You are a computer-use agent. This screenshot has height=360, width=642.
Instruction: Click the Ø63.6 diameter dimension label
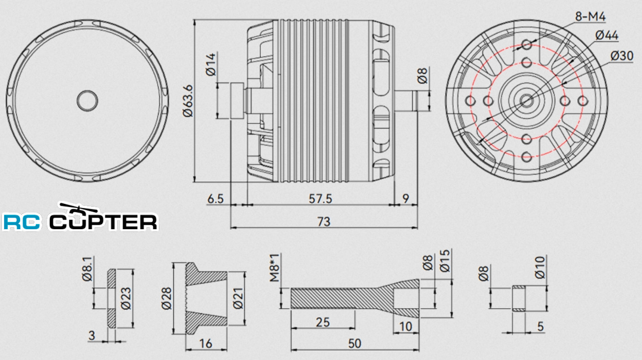(187, 101)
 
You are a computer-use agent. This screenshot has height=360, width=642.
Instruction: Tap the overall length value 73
(323, 221)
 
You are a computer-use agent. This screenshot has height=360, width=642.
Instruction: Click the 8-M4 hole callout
(590, 17)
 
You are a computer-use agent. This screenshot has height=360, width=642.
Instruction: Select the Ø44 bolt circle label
(606, 35)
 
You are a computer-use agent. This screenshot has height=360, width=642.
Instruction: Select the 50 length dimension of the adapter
(355, 343)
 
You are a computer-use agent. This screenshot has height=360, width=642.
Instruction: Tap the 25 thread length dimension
(323, 322)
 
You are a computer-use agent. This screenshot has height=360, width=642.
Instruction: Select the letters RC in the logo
(23, 222)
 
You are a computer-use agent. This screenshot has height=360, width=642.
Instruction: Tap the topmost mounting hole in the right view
(527, 44)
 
